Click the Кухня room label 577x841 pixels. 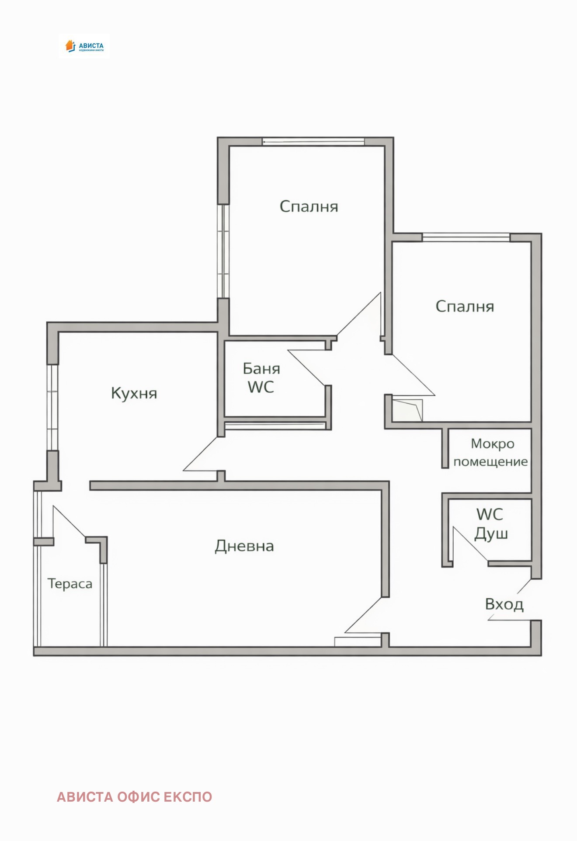(134, 393)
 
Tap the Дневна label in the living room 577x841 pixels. (244, 546)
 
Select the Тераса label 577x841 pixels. (70, 584)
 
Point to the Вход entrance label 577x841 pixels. (504, 604)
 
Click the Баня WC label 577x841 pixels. (261, 378)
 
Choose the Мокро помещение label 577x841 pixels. (490, 453)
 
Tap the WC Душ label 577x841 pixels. (490, 524)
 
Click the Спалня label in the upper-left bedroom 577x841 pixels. (309, 206)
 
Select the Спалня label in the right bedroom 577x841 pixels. (465, 307)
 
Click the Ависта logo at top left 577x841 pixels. (84, 46)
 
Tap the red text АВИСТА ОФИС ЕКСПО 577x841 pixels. (134, 797)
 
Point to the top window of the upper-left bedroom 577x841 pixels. (313, 141)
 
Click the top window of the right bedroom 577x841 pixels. (466, 237)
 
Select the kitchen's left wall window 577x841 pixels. (52, 407)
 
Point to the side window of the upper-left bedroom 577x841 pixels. (223, 251)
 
